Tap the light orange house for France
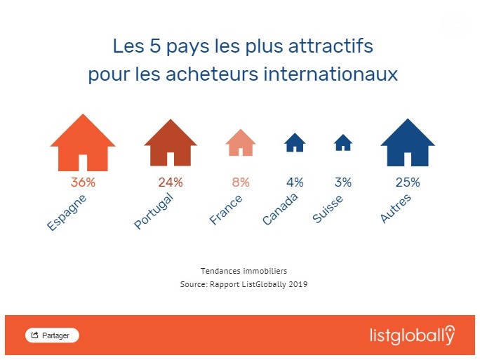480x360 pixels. (x=240, y=143)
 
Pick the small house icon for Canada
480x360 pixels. (x=295, y=143)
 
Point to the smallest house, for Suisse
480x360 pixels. (x=343, y=143)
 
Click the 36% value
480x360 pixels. (x=83, y=182)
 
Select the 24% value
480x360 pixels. (x=171, y=182)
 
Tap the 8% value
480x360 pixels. (x=241, y=182)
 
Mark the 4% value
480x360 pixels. (x=295, y=182)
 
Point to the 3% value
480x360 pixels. (x=343, y=182)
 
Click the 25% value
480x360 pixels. (x=408, y=182)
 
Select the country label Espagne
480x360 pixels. (x=67, y=211)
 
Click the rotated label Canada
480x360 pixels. (x=280, y=208)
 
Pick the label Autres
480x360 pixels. (x=395, y=208)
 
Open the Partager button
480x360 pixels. (x=52, y=335)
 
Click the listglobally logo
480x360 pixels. (x=412, y=335)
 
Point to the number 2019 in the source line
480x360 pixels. (x=299, y=285)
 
